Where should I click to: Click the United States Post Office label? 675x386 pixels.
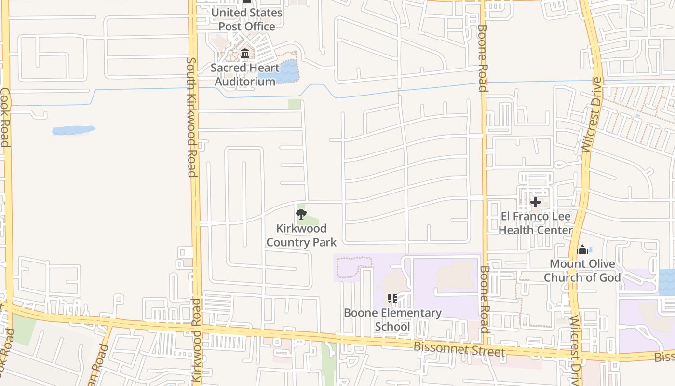pos(247,19)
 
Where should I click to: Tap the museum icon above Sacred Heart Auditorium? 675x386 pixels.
pos(245,53)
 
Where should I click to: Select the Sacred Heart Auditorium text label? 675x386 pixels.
pos(245,74)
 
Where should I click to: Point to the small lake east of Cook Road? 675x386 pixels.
pos(73,130)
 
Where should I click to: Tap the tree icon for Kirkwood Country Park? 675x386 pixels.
pos(301,214)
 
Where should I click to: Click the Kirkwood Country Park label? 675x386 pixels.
pos(301,235)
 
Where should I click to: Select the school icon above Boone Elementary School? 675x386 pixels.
pos(392,298)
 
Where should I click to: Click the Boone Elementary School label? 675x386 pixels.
pos(392,319)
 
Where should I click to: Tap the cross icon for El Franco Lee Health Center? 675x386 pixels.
pos(535,202)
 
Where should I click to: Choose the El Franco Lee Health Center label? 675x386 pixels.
pos(535,223)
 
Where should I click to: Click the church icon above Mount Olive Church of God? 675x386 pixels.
pos(582,249)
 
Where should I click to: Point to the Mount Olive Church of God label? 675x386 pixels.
pos(582,271)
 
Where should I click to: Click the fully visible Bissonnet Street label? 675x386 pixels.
pos(459,349)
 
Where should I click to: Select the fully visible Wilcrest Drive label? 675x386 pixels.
pos(592,115)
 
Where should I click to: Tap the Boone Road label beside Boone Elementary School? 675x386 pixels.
pos(485,299)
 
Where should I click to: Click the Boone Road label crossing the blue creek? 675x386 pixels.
pos(483,58)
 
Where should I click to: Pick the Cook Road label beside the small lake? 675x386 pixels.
pos(5,117)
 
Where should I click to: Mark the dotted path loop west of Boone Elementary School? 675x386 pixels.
pos(354,267)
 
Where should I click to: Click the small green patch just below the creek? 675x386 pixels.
pos(295,104)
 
